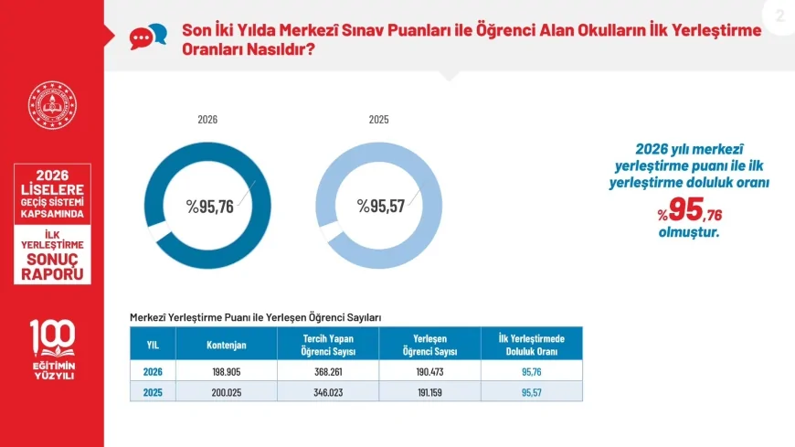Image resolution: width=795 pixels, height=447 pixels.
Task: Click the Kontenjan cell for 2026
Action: (x=226, y=372)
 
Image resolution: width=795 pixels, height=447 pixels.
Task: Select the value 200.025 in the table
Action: (x=226, y=393)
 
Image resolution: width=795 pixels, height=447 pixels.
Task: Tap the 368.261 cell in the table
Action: (x=328, y=372)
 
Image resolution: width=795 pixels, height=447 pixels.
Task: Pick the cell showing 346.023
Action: (x=328, y=393)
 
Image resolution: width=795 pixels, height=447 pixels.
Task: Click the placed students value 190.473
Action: (x=430, y=372)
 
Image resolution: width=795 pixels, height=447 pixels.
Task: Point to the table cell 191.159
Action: (x=430, y=393)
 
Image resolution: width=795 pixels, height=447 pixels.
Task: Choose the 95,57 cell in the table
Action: (x=531, y=393)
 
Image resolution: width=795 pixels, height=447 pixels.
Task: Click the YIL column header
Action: (x=153, y=345)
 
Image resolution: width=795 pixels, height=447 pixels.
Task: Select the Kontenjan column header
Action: (x=226, y=345)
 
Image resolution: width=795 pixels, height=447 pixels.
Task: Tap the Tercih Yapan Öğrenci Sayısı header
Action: (x=328, y=345)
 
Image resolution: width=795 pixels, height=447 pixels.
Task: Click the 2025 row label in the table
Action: (x=153, y=393)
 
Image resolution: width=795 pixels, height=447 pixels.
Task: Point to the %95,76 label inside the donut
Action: (x=209, y=207)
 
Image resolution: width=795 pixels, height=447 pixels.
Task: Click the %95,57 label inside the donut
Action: (x=381, y=206)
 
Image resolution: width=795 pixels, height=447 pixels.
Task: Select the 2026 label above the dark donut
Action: (x=207, y=120)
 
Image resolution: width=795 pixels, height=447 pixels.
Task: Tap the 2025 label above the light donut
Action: (x=378, y=120)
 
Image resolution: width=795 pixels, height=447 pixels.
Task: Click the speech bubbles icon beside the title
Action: (x=148, y=37)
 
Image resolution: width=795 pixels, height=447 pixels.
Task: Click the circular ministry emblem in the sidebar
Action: (x=52, y=105)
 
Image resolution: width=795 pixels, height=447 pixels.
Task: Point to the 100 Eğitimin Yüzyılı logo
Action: (x=53, y=349)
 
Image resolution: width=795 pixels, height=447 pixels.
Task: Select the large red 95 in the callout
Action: (x=686, y=209)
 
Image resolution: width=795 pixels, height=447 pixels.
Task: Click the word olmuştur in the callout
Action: (x=688, y=233)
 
